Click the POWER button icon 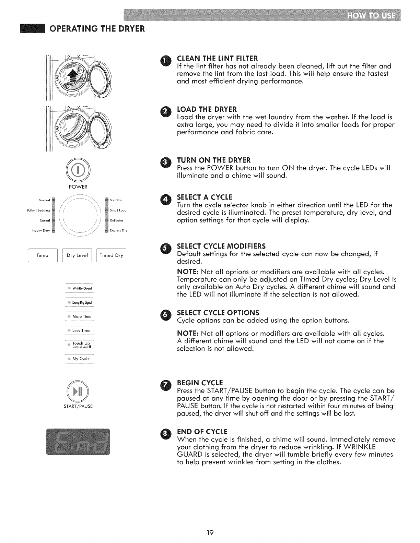pos(79,170)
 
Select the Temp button pos(42,255)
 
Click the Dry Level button pos(77,255)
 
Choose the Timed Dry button pos(112,255)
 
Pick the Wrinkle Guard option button pos(79,288)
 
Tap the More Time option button pos(79,316)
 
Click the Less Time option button pos(79,331)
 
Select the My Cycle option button pos(79,359)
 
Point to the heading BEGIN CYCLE pos(200,383)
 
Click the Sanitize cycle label pos(116,200)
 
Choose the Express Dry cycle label pos(118,231)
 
